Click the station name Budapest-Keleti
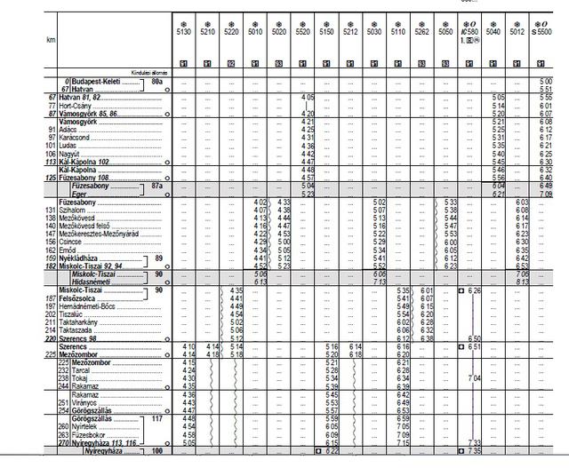tap(97, 82)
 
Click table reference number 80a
tap(157, 82)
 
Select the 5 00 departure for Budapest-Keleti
tap(545, 82)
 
